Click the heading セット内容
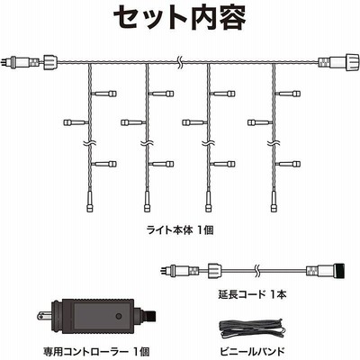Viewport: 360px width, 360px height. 180,17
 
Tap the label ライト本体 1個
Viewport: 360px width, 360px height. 180,230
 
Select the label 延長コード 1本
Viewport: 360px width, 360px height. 252,294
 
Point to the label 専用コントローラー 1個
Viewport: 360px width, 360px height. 95,350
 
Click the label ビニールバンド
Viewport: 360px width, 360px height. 252,350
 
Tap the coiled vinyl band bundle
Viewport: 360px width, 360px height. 252,329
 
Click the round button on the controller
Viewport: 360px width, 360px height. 119,316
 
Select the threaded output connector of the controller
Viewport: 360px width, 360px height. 150,317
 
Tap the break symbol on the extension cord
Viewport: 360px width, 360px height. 256,268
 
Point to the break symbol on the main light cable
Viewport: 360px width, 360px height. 179,62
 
